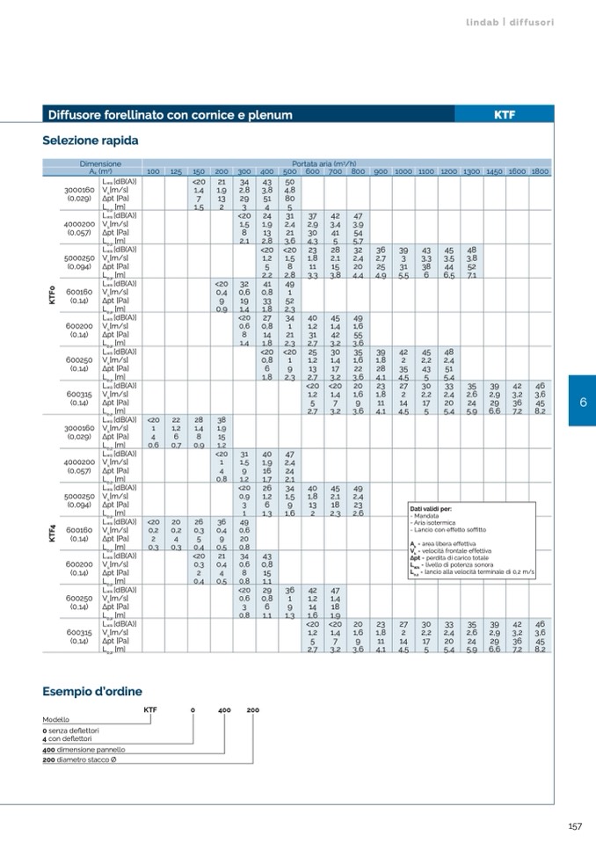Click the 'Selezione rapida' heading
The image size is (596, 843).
pyautogui.click(x=91, y=141)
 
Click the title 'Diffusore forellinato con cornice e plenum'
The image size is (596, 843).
pyautogui.click(x=170, y=115)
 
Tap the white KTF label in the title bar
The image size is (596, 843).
pyautogui.click(x=505, y=115)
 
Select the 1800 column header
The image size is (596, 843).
pyautogui.click(x=540, y=171)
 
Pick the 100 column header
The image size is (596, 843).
pyautogui.click(x=153, y=171)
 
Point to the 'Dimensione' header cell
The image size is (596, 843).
pyautogui.click(x=99, y=164)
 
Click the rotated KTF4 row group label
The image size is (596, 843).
pyautogui.click(x=51, y=531)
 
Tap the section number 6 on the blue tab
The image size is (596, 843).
pyautogui.click(x=582, y=401)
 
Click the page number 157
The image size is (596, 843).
pyautogui.click(x=575, y=825)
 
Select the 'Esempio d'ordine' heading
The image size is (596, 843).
pyautogui.click(x=92, y=692)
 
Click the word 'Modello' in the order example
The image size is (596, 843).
pyautogui.click(x=56, y=719)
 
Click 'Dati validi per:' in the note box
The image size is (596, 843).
pyautogui.click(x=431, y=508)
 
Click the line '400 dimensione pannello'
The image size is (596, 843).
pyautogui.click(x=84, y=749)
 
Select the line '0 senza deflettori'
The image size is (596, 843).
pyautogui.click(x=71, y=730)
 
